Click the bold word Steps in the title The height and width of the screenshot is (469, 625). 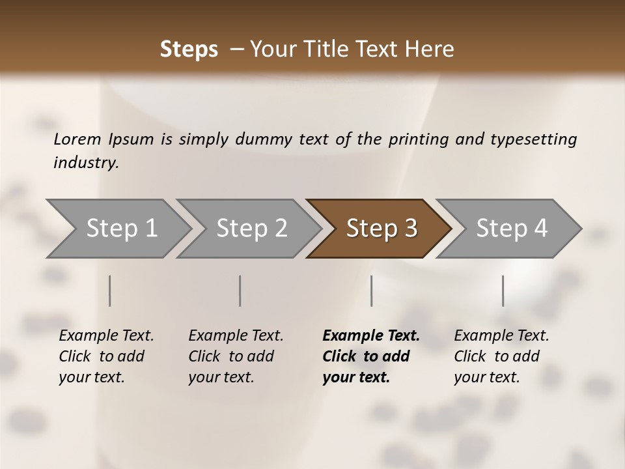(189, 50)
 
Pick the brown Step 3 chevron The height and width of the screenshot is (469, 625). (381, 229)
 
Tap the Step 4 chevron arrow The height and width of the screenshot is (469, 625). (511, 229)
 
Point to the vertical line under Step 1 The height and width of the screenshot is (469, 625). (110, 291)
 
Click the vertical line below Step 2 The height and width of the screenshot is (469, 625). (240, 291)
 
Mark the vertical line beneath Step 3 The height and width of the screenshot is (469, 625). (371, 291)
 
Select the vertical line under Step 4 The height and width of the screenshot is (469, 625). (503, 291)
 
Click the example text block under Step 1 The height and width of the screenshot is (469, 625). (105, 356)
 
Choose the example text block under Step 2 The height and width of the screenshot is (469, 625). (235, 356)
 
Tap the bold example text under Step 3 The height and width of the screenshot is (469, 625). (370, 356)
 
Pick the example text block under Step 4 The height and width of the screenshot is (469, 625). (501, 356)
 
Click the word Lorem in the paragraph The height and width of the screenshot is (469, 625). (77, 139)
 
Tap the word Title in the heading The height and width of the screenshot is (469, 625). (333, 50)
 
